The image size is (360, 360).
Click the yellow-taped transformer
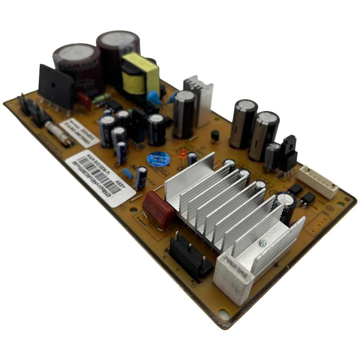pos(140,76)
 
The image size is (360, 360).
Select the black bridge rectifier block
pos(56,86)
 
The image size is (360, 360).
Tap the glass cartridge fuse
pos(58,133)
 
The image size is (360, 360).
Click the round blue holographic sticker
pos(158,159)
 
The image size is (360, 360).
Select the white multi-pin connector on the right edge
pos(317,182)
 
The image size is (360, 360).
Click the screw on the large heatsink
pos(263,244)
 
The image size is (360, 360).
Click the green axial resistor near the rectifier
pos(102,98)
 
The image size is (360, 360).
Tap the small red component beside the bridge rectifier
pos(84,100)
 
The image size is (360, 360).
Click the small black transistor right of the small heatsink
pos(215,136)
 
